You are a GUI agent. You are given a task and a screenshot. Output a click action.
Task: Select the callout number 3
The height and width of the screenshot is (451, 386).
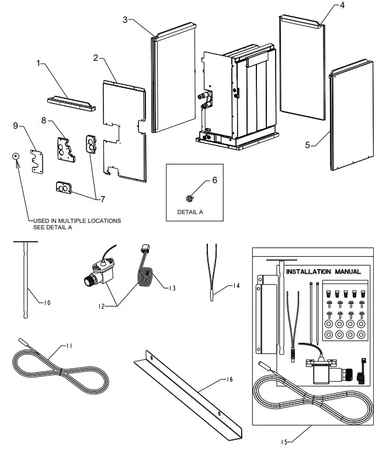[x=125, y=19]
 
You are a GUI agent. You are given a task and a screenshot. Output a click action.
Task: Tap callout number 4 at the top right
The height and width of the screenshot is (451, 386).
[x=342, y=5]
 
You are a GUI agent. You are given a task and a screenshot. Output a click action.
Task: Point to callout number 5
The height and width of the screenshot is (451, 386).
[x=308, y=145]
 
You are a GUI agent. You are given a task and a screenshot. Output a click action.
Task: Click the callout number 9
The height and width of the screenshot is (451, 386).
[x=16, y=125]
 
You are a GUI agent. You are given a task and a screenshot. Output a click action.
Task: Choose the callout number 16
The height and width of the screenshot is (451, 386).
[x=229, y=380]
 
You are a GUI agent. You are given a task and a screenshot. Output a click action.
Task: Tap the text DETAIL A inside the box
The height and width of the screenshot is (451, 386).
[x=190, y=212]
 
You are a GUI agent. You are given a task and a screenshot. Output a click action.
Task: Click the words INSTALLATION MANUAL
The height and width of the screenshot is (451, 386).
[x=323, y=271]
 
